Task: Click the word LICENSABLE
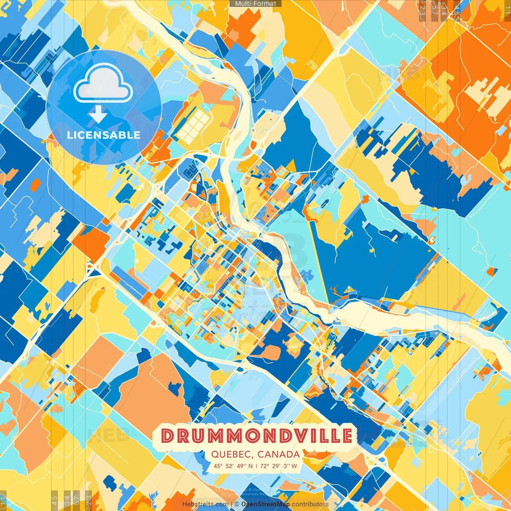click(x=103, y=135)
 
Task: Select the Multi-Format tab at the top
click(x=255, y=4)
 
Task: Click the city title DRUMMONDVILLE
click(x=257, y=436)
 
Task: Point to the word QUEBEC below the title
click(x=232, y=454)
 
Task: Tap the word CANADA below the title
click(x=279, y=454)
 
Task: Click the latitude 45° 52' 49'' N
click(x=233, y=466)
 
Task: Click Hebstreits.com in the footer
click(x=206, y=504)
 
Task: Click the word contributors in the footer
click(x=310, y=504)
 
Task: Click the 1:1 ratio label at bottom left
click(x=4, y=500)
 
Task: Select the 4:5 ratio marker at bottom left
click(x=54, y=500)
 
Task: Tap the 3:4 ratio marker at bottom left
click(x=67, y=500)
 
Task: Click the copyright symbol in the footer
click(x=237, y=504)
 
